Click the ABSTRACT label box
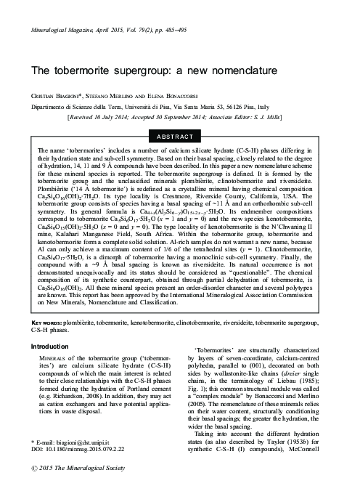point(179,136)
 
